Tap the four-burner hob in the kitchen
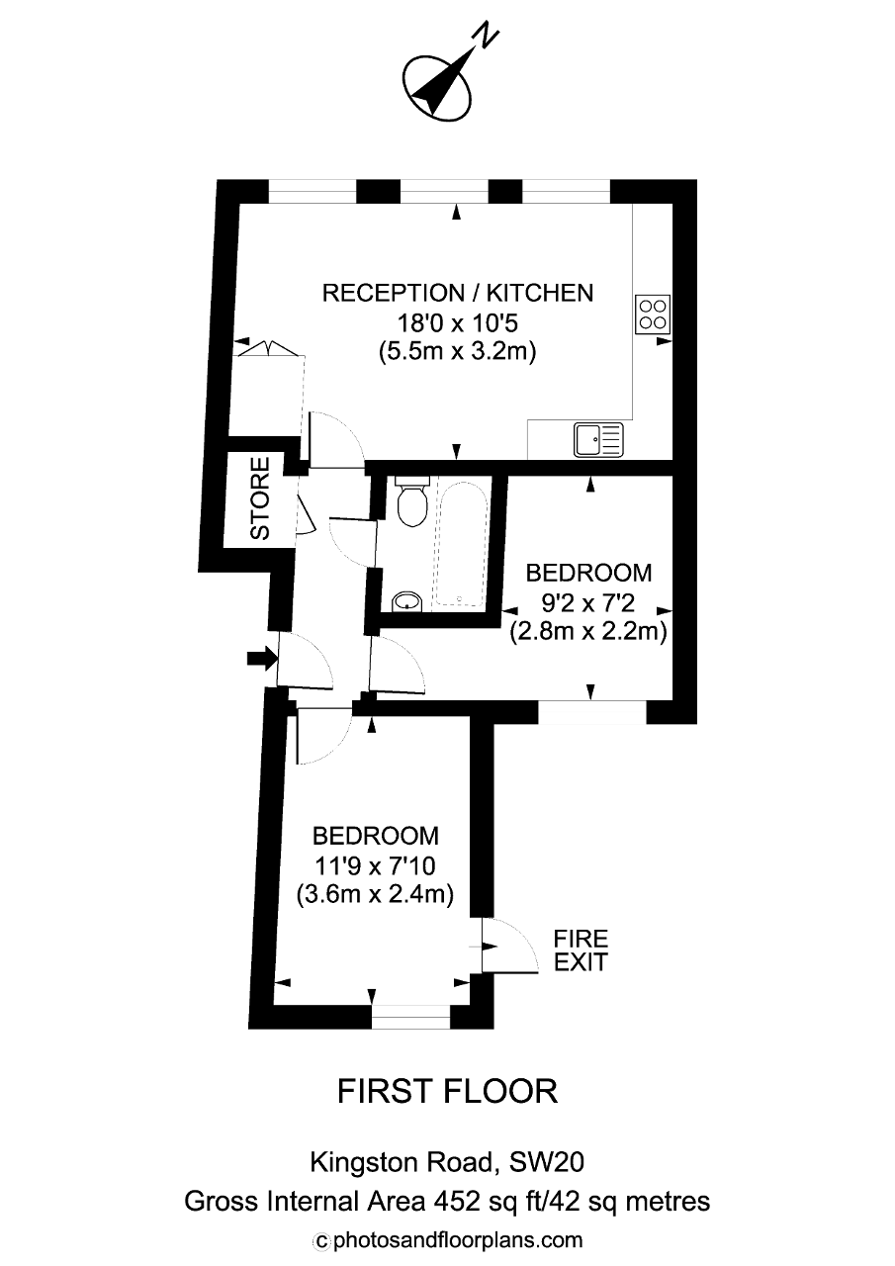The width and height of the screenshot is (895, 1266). [x=653, y=315]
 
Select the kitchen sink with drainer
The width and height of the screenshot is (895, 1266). [x=599, y=439]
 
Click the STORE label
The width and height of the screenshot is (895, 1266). [x=260, y=497]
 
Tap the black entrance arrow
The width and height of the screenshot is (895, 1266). [x=262, y=658]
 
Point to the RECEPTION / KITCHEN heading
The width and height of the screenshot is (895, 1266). [x=458, y=293]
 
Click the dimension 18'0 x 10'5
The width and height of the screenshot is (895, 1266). [x=458, y=323]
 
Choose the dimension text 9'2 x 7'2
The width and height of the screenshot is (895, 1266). [x=588, y=603]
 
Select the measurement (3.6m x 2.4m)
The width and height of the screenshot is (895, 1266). [x=375, y=895]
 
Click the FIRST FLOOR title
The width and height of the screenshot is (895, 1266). [x=447, y=1091]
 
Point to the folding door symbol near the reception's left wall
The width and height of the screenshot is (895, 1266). [x=268, y=347]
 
